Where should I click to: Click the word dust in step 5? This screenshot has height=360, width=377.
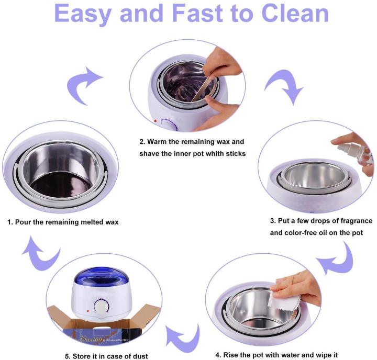pos(138,356)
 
